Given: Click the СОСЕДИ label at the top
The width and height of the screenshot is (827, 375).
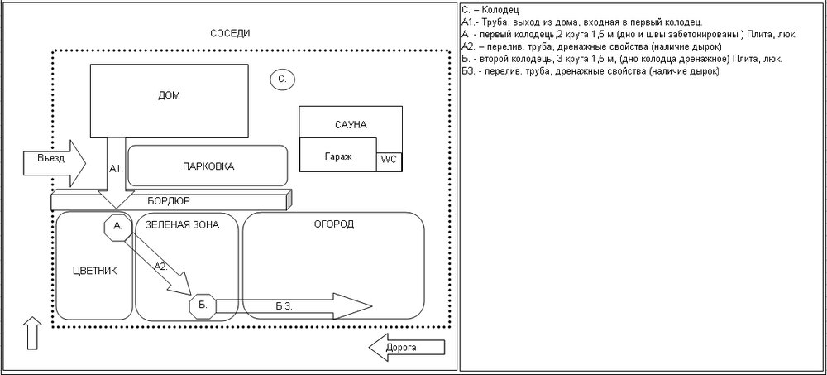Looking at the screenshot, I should click(x=230, y=33).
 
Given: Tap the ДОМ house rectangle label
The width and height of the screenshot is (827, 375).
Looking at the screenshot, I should click(x=168, y=95).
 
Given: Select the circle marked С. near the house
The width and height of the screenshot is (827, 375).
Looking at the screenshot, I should click(x=282, y=79).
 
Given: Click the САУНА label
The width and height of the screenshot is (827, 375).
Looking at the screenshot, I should click(x=351, y=125).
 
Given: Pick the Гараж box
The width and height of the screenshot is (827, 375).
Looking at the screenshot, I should click(x=337, y=157).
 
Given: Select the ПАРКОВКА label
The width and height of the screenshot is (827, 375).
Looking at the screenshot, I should click(x=208, y=166).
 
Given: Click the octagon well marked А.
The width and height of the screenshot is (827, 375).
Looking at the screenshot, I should click(x=118, y=225).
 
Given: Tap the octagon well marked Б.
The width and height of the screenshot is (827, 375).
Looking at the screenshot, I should click(x=202, y=306).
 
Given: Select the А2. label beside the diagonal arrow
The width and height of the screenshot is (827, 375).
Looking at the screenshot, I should click(x=163, y=267).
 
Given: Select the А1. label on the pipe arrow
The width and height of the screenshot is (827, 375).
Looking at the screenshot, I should click(x=116, y=168).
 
